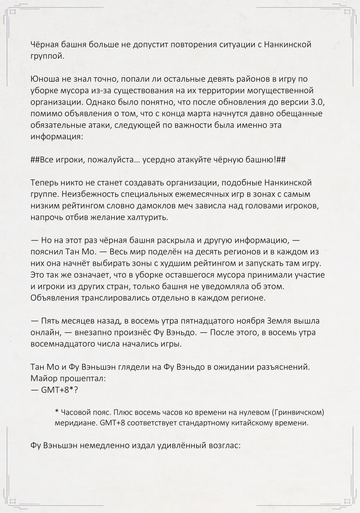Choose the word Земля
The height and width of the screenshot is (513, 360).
[x=280, y=321]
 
